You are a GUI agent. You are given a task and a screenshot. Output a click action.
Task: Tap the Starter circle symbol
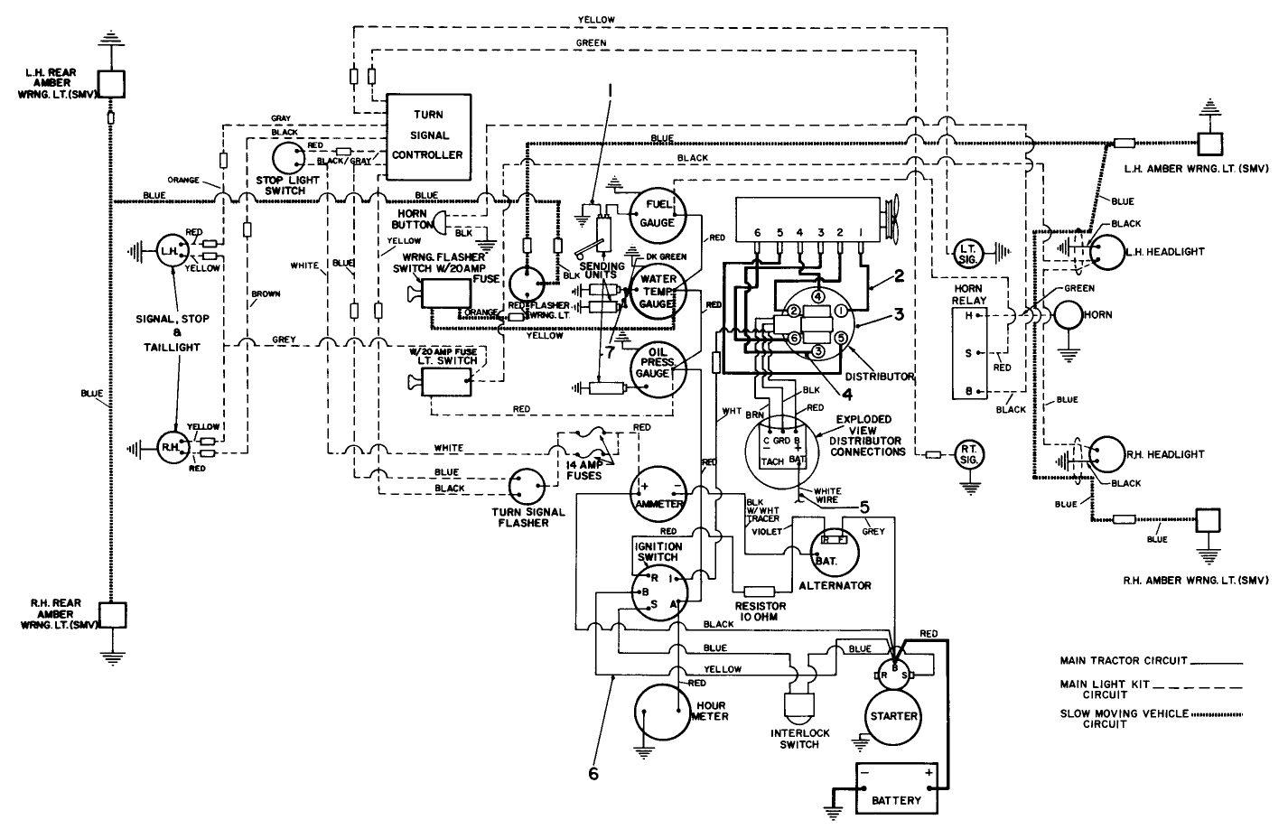coord(893,715)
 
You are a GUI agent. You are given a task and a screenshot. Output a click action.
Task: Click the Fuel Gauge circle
coord(658,213)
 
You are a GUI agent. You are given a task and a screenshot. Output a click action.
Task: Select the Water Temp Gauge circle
coord(658,291)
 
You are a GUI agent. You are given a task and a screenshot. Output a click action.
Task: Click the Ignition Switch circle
coord(658,591)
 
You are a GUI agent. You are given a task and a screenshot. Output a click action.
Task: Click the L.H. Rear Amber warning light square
coord(110,83)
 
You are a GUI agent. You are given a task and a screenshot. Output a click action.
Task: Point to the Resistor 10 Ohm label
coord(760,610)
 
